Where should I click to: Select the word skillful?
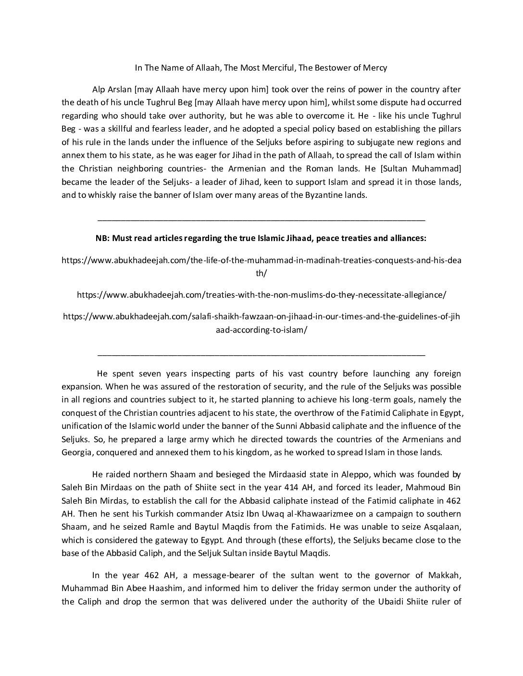pyautogui.click(x=118, y=129)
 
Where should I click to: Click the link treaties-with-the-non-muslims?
pyautogui.click(x=261, y=295)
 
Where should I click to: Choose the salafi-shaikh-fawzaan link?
pyautogui.click(x=261, y=317)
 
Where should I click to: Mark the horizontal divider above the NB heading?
pyautogui.click(x=261, y=220)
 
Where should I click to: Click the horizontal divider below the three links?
pyautogui.click(x=261, y=354)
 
